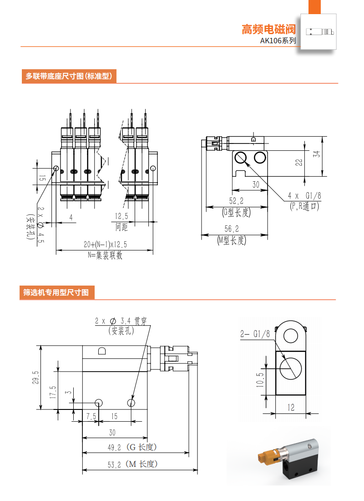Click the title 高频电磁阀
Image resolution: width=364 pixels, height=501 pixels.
pyautogui.click(x=268, y=30)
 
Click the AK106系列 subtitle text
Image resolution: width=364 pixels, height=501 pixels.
pyautogui.click(x=278, y=41)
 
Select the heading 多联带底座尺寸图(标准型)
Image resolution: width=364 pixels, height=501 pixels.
pyautogui.click(x=69, y=76)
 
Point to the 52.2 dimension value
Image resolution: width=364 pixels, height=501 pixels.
pyautogui.click(x=236, y=201)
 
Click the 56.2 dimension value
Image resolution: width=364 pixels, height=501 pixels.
pyautogui.click(x=233, y=229)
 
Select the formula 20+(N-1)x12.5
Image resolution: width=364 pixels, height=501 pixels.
pyautogui.click(x=105, y=245)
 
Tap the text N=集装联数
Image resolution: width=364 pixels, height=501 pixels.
pyautogui.click(x=105, y=256)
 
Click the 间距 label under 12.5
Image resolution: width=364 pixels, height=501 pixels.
pyautogui.click(x=121, y=226)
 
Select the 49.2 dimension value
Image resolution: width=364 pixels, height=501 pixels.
pyautogui.click(x=114, y=448)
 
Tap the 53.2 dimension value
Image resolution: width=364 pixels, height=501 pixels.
pyautogui.click(x=114, y=464)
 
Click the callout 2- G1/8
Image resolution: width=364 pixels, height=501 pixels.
pyautogui.click(x=255, y=334)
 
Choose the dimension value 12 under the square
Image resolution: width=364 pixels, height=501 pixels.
pyautogui.click(x=291, y=408)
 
